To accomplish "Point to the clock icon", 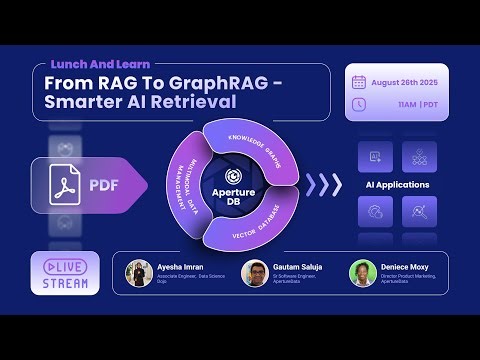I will [359, 104].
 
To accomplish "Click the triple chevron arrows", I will [322, 185].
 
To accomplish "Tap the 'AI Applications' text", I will [397, 185].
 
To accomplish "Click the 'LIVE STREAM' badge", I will [64, 273].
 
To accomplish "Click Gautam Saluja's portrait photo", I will [254, 274].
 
